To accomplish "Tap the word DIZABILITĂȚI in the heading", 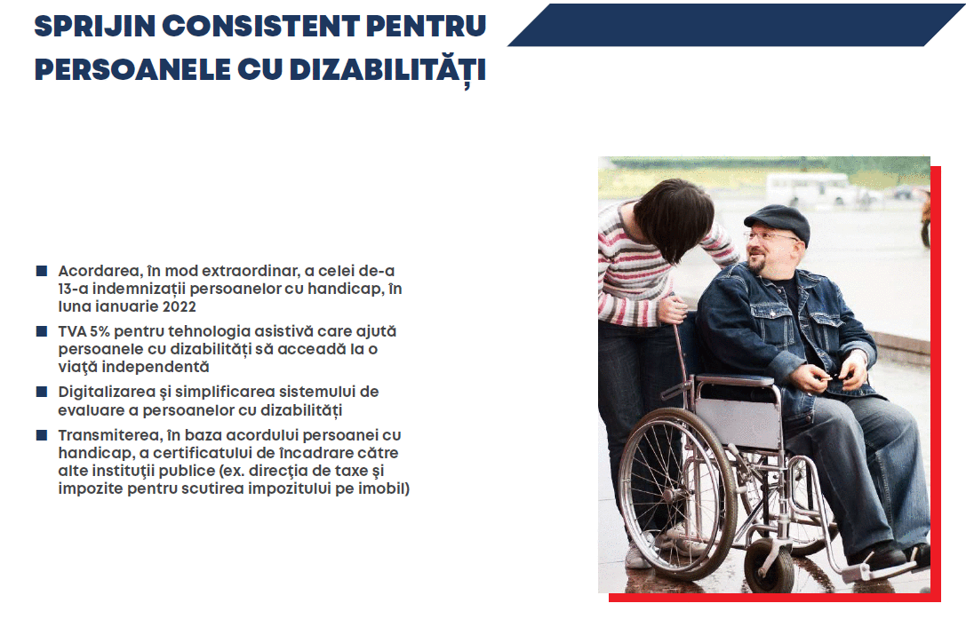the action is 388,68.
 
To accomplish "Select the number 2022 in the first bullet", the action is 180,306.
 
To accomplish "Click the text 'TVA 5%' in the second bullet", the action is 84,331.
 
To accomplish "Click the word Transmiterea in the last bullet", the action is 108,435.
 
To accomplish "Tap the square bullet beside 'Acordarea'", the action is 42,271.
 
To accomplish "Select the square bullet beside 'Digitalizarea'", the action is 42,392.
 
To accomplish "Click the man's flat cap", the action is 777,220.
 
